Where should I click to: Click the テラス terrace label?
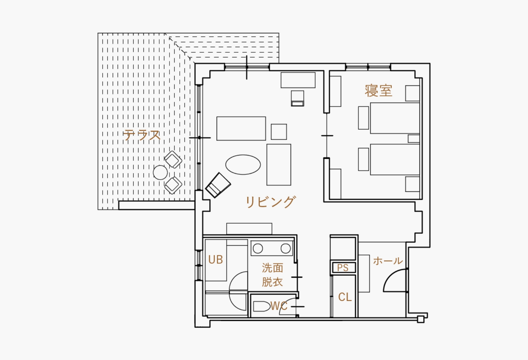click(142, 135)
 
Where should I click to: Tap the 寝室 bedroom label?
click(379, 91)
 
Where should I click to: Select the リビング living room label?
click(270, 202)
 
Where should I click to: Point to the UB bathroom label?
click(216, 260)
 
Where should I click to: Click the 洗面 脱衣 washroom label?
click(272, 275)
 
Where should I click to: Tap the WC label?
click(279, 306)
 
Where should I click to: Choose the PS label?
click(343, 268)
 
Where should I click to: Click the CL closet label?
click(345, 297)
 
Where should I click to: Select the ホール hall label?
click(388, 261)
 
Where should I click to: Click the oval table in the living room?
click(243, 165)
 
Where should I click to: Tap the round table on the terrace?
click(160, 172)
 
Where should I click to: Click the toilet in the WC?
click(262, 306)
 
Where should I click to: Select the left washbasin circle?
click(258, 248)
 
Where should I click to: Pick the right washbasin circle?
click(286, 248)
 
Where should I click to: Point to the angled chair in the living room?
click(218, 185)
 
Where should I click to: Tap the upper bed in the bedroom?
click(395, 118)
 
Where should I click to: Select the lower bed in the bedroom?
click(395, 160)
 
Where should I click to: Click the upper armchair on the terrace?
click(173, 160)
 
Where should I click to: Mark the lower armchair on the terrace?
click(173, 185)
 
